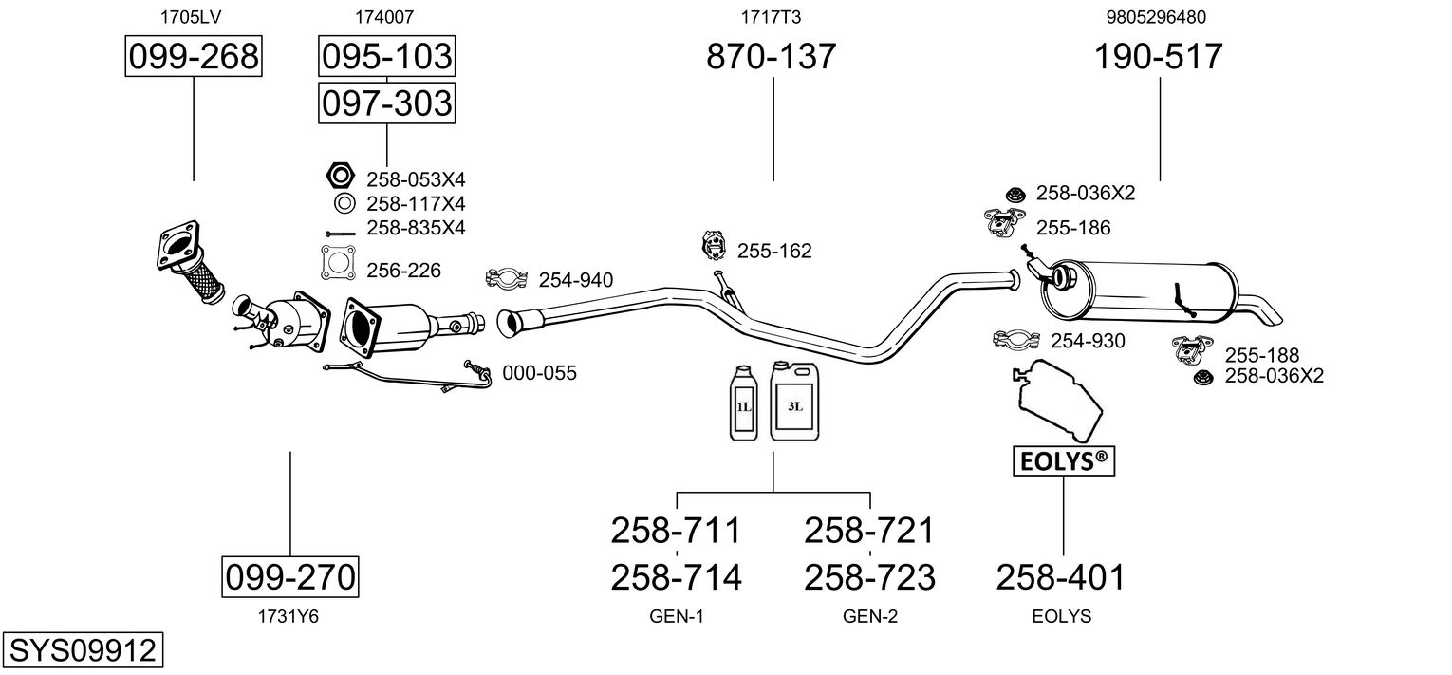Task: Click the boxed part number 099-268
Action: [x=194, y=57]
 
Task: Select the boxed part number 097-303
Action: [x=386, y=103]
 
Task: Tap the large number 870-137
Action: [x=772, y=57]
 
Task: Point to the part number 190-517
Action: [x=1159, y=57]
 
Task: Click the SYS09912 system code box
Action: [x=82, y=651]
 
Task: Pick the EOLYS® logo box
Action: [x=1063, y=461]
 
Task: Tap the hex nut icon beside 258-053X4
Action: [x=339, y=177]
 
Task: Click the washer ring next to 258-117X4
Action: [x=344, y=203]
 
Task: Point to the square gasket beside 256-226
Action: [x=337, y=263]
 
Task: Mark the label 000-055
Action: [x=539, y=373]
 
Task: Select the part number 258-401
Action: [x=1061, y=576]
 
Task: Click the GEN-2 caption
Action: [x=870, y=617]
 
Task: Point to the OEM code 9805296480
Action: [x=1157, y=17]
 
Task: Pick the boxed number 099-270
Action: [x=290, y=576]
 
